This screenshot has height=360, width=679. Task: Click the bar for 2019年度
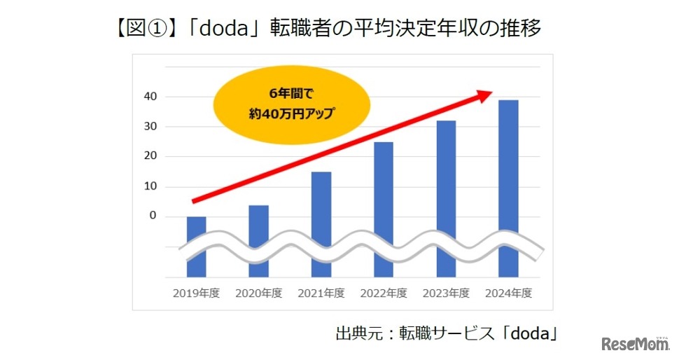click(196, 247)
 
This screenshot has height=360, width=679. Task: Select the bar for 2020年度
click(258, 240)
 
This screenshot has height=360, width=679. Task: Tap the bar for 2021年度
click(321, 224)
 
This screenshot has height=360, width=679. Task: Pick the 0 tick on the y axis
click(153, 216)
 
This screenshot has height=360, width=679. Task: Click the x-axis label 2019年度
click(196, 293)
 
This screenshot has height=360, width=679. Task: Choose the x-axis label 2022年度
click(384, 293)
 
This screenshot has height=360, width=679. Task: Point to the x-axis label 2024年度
click(509, 293)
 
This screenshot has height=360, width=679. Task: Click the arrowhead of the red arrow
click(486, 95)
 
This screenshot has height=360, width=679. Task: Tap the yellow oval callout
click(283, 104)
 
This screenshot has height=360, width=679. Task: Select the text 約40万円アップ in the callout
click(283, 112)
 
